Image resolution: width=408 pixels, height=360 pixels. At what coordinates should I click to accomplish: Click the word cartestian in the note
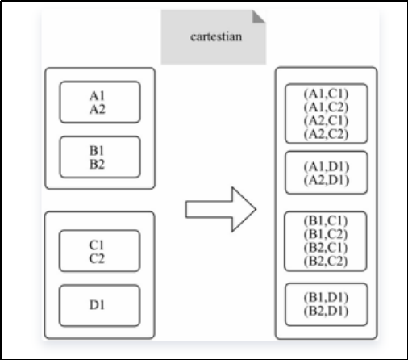click(216, 37)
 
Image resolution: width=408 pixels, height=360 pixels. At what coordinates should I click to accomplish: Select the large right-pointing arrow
click(221, 209)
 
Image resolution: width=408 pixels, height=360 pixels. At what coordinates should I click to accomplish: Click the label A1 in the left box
click(97, 96)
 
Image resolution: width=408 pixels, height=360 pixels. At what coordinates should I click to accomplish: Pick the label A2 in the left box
click(98, 109)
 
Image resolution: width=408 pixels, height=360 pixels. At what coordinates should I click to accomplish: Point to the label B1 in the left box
click(97, 151)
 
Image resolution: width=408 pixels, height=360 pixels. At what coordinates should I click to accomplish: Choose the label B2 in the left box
click(97, 164)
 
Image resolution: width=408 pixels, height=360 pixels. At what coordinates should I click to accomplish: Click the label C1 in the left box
click(97, 245)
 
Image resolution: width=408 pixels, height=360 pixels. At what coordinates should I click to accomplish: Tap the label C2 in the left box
click(97, 258)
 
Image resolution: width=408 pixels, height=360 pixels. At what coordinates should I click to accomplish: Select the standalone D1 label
click(97, 305)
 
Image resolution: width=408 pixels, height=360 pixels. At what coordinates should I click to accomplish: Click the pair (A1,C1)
click(326, 94)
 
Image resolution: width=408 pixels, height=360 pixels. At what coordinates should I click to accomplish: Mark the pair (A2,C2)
click(326, 134)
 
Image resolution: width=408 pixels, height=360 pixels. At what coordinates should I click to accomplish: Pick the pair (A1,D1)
click(327, 167)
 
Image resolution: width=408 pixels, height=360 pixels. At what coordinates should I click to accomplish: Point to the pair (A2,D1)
click(327, 180)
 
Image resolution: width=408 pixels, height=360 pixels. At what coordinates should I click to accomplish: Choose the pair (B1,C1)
click(326, 221)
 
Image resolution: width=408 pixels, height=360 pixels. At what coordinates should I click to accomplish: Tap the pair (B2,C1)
click(326, 248)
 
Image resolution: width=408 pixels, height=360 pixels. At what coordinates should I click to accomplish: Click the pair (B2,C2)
click(326, 262)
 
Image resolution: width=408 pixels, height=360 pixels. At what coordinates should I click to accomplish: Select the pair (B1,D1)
click(326, 298)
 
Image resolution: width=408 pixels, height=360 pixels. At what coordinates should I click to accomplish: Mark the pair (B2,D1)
click(326, 311)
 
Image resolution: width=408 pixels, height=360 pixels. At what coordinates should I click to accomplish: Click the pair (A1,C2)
click(326, 107)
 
